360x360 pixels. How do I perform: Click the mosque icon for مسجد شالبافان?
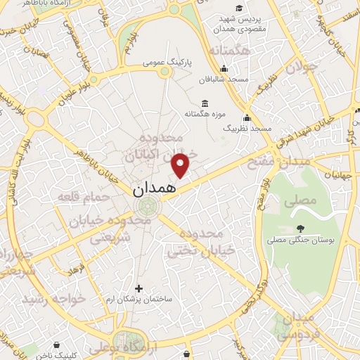tap(224, 68)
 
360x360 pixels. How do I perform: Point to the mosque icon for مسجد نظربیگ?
tap(247, 117)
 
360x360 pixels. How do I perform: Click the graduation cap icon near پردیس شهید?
tap(239, 8)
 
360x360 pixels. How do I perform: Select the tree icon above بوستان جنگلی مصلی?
tap(300, 229)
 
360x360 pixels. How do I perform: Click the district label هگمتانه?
tap(229, 51)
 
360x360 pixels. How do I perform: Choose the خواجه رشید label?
tap(53, 299)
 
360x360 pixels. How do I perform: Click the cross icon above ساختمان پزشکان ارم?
tap(139, 288)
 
